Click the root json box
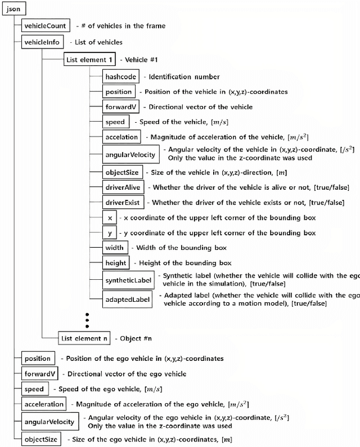[13, 9]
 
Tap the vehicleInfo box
[42, 42]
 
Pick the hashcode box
[120, 77]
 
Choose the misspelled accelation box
[121, 137]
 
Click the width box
[114, 248]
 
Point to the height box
[116, 263]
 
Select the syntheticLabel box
[128, 280]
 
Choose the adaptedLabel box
[128, 299]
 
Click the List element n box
[84, 338]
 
